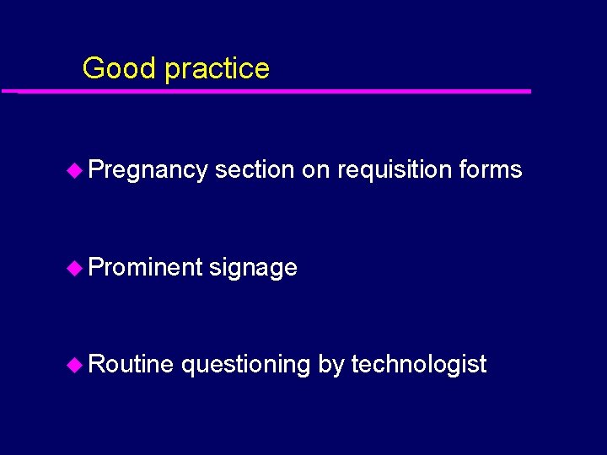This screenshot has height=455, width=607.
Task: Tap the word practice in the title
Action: [217, 69]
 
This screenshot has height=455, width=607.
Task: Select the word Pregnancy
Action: [148, 171]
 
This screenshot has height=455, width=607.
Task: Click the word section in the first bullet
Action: [254, 169]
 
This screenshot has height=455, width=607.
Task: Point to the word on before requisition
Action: [315, 170]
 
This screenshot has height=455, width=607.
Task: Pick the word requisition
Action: [395, 171]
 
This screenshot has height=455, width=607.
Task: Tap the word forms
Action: [491, 169]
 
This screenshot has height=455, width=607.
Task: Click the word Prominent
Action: [145, 267]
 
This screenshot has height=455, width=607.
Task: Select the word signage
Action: [253, 269]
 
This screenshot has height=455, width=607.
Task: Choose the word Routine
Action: [131, 364]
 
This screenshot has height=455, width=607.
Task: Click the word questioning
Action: [245, 366]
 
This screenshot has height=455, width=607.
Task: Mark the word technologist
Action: [418, 365]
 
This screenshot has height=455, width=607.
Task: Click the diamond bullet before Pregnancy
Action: [74, 170]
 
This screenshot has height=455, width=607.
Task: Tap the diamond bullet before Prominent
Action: [74, 268]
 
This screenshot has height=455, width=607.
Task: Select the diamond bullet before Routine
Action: [74, 365]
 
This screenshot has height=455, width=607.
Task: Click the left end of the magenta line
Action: [4, 91]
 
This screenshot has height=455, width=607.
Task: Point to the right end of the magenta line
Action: [529, 91]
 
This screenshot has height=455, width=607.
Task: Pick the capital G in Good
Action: [93, 68]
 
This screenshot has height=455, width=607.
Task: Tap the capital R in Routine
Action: [95, 364]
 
